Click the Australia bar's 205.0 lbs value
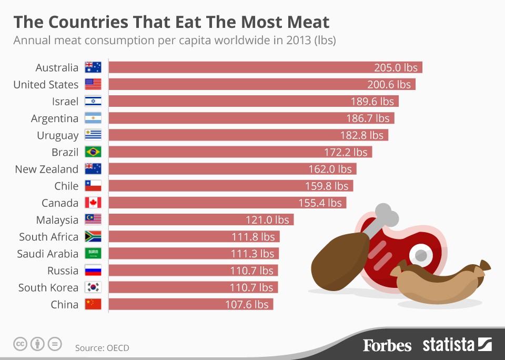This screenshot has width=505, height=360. click(396, 67)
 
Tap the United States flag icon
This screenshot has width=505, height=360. click(93, 84)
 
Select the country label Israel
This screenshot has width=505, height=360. click(65, 101)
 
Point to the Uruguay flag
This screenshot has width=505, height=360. click(93, 135)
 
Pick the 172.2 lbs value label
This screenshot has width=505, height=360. click(346, 152)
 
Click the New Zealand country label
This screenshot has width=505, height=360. click(46, 169)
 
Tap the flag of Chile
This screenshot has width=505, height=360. click(93, 186)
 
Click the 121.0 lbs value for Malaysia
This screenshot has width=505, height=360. click(267, 219)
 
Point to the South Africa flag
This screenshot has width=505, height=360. click(93, 237)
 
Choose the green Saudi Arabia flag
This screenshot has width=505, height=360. click(93, 254)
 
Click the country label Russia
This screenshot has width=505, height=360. click(63, 271)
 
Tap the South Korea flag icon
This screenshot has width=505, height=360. click(93, 287)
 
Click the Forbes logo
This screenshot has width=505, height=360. click(387, 345)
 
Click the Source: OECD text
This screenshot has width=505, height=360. click(102, 348)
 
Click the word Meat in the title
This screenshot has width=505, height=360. click(305, 22)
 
